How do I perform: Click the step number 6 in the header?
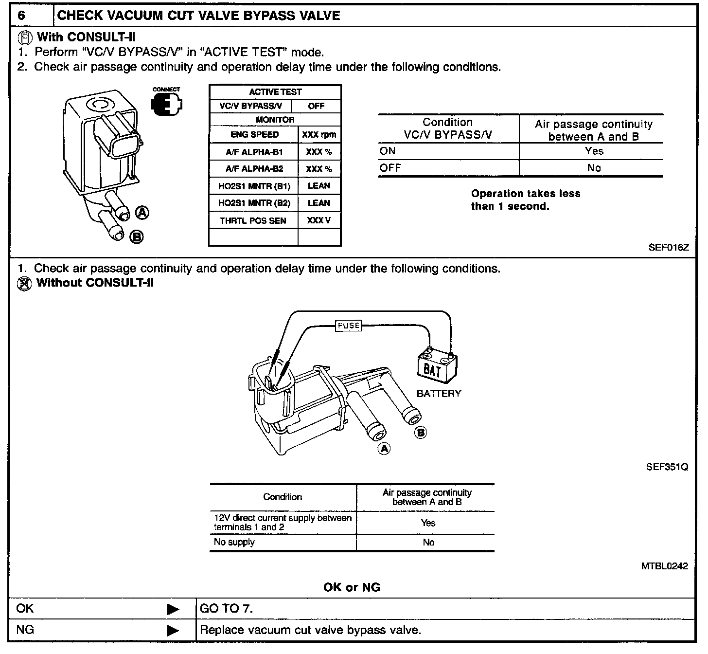click(x=22, y=16)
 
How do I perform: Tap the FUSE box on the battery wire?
click(x=349, y=326)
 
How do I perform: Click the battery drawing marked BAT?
click(x=437, y=365)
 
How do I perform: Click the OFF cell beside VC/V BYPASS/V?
click(x=316, y=106)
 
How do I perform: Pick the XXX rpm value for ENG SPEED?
click(x=319, y=135)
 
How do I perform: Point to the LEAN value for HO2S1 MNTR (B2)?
click(x=319, y=203)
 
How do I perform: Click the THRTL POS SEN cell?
click(x=253, y=220)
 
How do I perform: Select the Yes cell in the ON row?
click(x=594, y=151)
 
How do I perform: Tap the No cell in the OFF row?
click(x=594, y=168)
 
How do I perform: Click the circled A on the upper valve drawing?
click(x=142, y=213)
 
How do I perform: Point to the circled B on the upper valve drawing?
click(x=137, y=237)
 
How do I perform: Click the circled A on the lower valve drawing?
click(x=384, y=448)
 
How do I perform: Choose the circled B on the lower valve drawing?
click(x=421, y=433)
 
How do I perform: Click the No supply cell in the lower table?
click(x=234, y=542)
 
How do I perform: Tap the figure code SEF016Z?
click(x=668, y=247)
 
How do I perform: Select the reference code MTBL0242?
click(x=664, y=566)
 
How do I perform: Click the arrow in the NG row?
click(x=172, y=631)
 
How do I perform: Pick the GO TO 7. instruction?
click(x=227, y=609)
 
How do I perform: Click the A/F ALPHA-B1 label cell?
click(x=254, y=152)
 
